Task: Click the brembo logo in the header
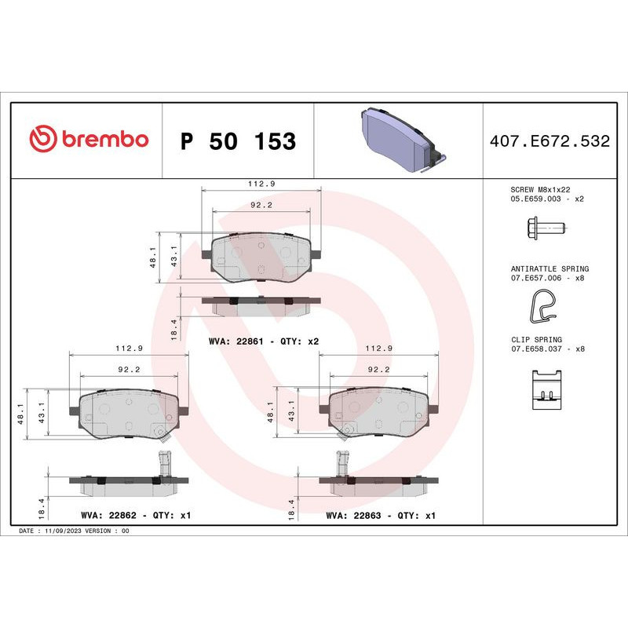click(88, 140)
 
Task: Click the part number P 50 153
click(238, 141)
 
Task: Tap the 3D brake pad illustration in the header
click(400, 140)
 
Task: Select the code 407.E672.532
click(549, 141)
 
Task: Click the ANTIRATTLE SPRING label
click(549, 268)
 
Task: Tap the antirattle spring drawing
click(542, 307)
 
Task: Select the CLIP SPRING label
click(538, 338)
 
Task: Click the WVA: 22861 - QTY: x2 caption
click(263, 341)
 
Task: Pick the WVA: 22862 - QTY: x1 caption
click(136, 516)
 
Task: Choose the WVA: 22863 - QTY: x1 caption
click(381, 516)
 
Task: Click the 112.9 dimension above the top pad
click(261, 184)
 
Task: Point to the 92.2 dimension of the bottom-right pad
click(378, 370)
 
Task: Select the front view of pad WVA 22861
click(261, 257)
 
